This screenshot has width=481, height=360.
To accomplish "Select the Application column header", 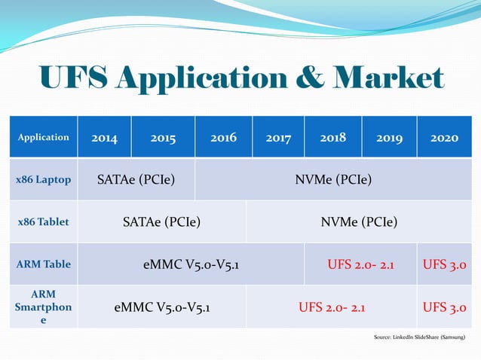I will [x=44, y=137].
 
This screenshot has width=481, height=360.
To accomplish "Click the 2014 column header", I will [x=104, y=138].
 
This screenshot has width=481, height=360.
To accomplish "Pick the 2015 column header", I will [x=163, y=138].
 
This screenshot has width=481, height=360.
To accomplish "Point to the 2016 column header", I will [x=223, y=137].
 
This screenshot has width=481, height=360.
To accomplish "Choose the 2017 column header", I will [x=278, y=138].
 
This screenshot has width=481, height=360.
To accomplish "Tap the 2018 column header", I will [x=332, y=137].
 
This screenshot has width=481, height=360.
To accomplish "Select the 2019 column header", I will [x=389, y=138].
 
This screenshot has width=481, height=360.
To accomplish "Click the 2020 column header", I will [x=444, y=138].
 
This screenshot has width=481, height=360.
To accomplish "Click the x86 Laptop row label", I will [x=44, y=180].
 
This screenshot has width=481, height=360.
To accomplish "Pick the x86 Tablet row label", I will [x=44, y=222].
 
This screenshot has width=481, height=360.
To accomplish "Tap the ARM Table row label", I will [x=44, y=264].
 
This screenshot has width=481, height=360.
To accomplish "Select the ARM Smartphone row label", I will [x=44, y=307].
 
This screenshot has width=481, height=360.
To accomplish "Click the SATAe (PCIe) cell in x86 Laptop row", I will [x=136, y=180].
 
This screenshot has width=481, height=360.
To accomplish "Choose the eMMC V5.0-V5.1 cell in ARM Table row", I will [x=191, y=264].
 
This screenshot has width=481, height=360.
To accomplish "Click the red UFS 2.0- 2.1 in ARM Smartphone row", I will [x=332, y=307].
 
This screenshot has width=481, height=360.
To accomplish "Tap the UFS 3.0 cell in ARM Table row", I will [x=444, y=264].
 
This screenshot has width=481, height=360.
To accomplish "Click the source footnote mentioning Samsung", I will [x=419, y=337].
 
